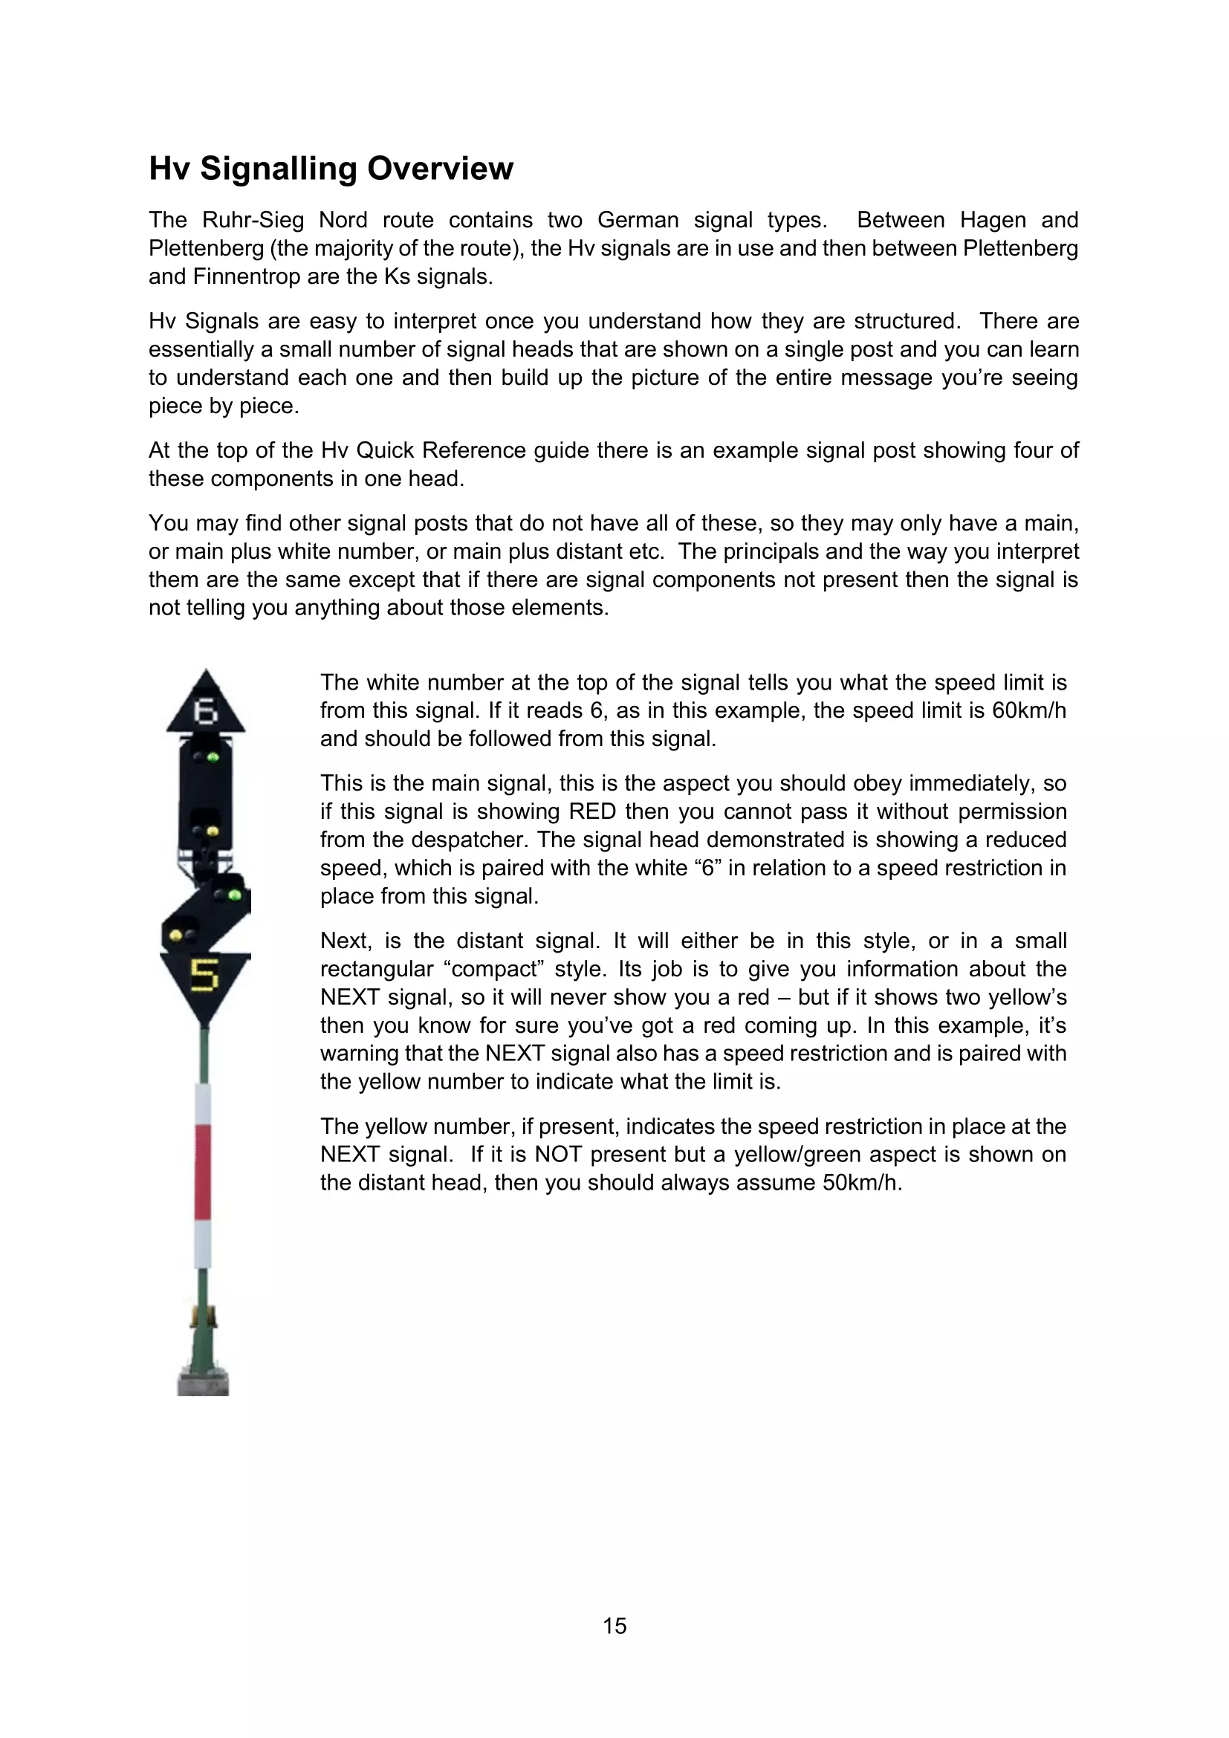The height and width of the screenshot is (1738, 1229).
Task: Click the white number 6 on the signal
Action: click(x=205, y=711)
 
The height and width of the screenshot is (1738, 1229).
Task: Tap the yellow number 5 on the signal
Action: click(x=204, y=974)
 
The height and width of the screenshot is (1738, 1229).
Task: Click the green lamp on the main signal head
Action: click(x=213, y=756)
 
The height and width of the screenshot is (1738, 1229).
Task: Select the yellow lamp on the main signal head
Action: click(x=213, y=831)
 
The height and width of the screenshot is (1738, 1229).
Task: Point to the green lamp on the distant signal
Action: click(x=235, y=895)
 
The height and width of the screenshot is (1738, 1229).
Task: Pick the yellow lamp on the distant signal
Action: click(x=176, y=936)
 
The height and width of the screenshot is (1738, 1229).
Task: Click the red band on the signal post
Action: click(x=203, y=1171)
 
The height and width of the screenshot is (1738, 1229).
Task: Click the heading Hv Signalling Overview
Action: click(x=331, y=168)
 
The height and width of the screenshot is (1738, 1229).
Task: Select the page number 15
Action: click(x=614, y=1625)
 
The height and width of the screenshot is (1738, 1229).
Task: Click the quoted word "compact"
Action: click(x=493, y=969)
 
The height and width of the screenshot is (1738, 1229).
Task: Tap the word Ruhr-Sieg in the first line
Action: click(x=253, y=220)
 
